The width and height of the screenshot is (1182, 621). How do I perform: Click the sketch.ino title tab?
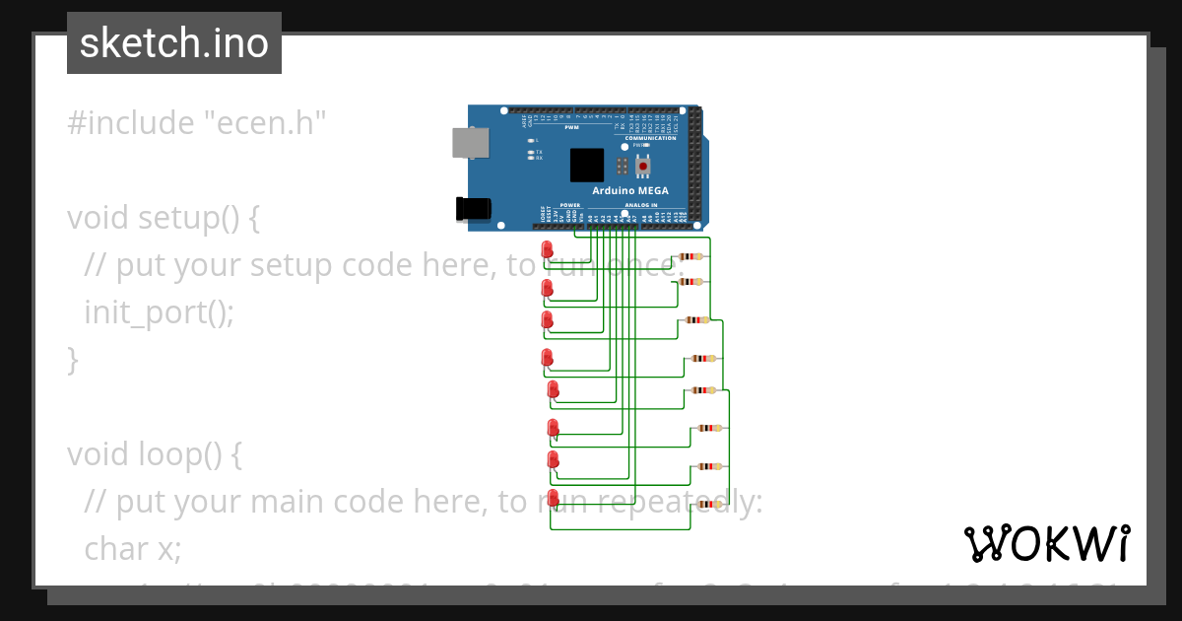(x=174, y=43)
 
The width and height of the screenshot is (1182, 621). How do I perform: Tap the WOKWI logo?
(x=1046, y=543)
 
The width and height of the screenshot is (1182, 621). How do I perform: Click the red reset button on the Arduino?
(x=643, y=167)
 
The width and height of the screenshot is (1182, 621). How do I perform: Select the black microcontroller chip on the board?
(x=587, y=165)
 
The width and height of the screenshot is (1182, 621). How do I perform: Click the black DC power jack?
(x=473, y=208)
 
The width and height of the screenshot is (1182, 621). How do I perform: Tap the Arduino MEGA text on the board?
(x=629, y=190)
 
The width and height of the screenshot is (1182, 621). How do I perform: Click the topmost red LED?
(x=548, y=249)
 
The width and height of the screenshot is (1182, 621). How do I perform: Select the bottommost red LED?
(x=553, y=498)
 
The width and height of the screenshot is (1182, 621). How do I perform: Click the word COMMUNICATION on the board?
(x=650, y=138)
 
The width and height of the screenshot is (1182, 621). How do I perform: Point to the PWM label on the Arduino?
(x=571, y=128)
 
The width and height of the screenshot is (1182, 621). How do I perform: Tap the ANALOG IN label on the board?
(x=639, y=205)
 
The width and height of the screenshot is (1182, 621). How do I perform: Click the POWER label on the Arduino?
(x=570, y=205)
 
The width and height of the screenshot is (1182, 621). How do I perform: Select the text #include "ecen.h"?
(x=196, y=123)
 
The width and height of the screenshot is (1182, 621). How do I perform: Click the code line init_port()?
(x=159, y=312)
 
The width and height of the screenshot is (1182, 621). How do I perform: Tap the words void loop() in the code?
(x=154, y=454)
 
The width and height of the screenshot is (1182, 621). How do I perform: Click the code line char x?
(x=133, y=548)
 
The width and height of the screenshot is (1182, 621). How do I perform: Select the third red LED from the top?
(x=548, y=320)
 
